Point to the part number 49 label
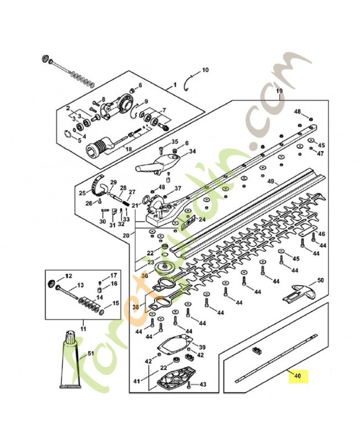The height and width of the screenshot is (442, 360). tap(271, 181)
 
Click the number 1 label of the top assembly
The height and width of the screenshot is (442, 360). tap(175, 86)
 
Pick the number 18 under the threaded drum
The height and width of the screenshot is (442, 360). tap(129, 150)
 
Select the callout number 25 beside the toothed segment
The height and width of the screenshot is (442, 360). tap(82, 193)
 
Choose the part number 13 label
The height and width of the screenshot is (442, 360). tap(81, 285)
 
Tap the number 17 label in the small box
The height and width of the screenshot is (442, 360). tap(114, 275)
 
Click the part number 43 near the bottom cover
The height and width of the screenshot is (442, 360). tap(203, 384)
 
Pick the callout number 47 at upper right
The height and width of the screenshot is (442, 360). tap(320, 153)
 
